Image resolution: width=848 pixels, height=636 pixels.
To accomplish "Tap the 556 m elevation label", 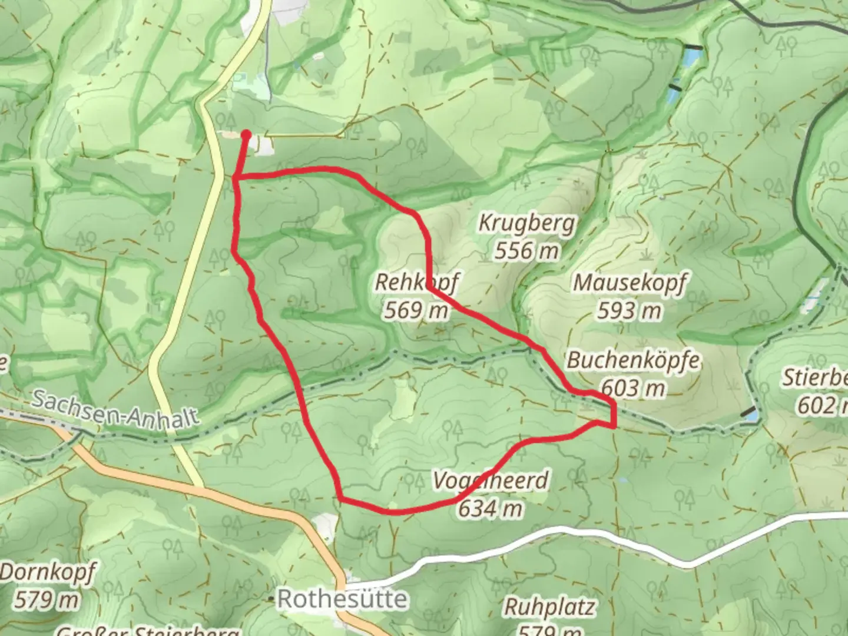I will (526, 251).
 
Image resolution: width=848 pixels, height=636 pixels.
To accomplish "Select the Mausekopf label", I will (630, 283).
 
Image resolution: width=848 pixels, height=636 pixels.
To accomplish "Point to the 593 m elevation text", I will (630, 310).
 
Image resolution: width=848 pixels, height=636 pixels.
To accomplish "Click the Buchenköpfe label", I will (633, 360).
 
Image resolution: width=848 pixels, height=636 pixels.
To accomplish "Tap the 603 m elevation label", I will (633, 387).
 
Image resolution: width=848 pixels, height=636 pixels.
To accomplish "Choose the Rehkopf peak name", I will (416, 283).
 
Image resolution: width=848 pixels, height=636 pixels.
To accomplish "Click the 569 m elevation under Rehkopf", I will (416, 310).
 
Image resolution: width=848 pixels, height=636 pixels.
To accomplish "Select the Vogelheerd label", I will (491, 481).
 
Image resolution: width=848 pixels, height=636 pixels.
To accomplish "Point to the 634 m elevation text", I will (491, 508).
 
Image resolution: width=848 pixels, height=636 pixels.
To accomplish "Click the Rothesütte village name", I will (342, 599).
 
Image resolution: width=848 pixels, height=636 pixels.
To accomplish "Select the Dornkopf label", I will (47, 572).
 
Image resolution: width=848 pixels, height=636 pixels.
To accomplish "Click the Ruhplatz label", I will (549, 607).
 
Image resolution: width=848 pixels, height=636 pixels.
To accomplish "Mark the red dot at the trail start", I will (246, 135).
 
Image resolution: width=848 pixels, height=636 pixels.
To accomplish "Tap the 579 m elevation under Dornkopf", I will (47, 599).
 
